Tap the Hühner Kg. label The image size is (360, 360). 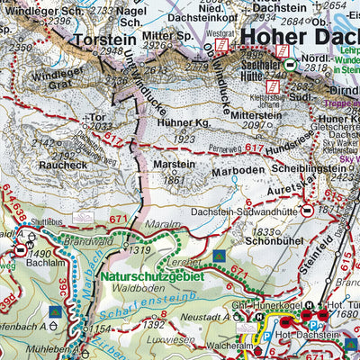tap(190, 121)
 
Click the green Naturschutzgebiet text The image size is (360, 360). tap(152, 277)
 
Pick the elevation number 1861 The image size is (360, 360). tap(175, 180)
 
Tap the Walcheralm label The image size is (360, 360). tap(211, 344)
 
